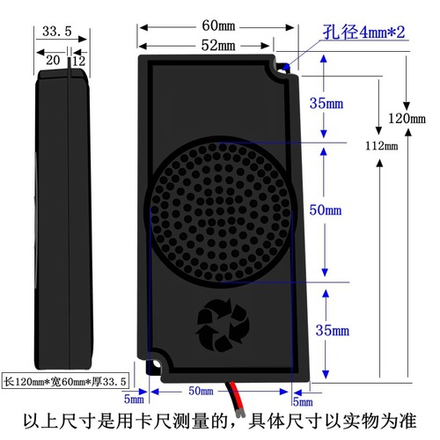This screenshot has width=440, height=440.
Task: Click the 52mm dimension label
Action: click(x=216, y=44)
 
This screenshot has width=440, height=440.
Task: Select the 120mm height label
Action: click(x=406, y=118)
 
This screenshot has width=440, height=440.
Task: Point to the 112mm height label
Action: click(x=381, y=145)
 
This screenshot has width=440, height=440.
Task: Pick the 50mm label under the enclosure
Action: click(x=202, y=391)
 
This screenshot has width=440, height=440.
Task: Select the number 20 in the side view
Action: click(x=53, y=60)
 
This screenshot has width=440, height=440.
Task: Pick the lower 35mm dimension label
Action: click(x=334, y=330)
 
